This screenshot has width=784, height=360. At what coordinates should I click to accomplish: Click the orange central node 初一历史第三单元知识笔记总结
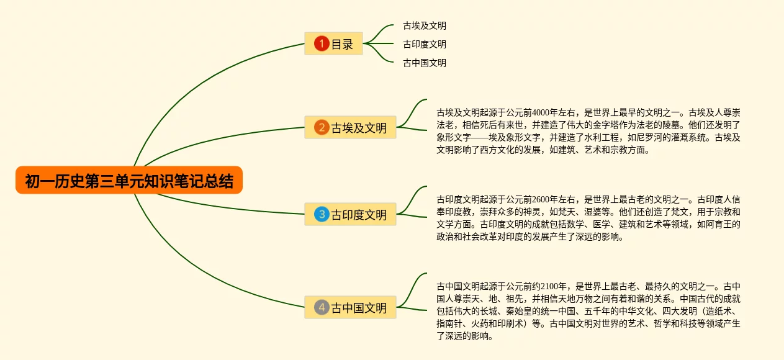129,181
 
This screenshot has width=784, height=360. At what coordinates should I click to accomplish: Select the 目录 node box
333,44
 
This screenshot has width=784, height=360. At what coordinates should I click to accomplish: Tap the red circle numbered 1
321,43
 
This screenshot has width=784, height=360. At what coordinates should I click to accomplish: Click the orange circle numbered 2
321,128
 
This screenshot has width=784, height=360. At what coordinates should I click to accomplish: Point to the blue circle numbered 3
321,215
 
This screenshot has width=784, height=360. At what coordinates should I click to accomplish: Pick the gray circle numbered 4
321,307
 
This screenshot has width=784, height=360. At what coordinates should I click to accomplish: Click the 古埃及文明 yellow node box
350,128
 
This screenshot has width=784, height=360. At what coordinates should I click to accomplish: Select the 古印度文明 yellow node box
350,215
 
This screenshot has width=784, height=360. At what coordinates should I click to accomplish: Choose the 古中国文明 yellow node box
350,307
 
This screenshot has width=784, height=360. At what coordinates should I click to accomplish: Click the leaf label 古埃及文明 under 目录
424,26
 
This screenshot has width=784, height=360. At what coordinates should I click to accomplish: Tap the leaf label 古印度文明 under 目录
424,44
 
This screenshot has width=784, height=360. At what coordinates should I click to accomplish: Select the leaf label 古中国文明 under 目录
424,63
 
